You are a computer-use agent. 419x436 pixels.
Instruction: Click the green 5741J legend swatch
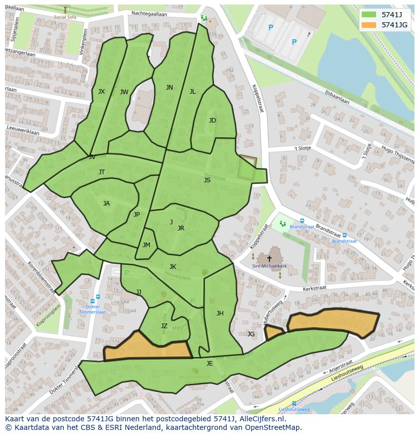(x=369, y=15)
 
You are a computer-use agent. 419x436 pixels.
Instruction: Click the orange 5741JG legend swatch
(x=369, y=25)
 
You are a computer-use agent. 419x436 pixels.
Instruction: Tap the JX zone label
(x=101, y=92)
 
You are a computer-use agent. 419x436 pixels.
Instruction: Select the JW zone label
(x=124, y=92)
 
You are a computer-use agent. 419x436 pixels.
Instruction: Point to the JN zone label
(x=170, y=88)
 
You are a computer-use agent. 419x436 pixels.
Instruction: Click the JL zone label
(x=192, y=92)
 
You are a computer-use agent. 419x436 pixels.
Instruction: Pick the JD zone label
(x=213, y=121)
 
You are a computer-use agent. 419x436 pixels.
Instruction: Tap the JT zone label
(x=102, y=172)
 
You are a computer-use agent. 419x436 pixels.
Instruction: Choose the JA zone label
(x=106, y=204)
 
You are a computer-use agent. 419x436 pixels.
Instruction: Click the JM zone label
(x=146, y=245)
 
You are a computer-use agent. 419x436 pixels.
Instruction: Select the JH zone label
(x=220, y=313)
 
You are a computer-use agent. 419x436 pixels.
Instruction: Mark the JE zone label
(x=209, y=363)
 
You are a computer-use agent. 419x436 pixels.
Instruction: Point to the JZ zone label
(x=164, y=326)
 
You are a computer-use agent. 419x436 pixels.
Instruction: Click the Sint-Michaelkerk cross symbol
(x=269, y=259)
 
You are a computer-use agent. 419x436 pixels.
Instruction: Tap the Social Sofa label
(x=65, y=17)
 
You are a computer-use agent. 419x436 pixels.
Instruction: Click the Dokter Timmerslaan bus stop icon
(x=98, y=297)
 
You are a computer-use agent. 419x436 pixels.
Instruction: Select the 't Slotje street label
(x=303, y=148)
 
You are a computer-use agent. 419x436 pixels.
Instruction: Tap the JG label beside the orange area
(x=250, y=334)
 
